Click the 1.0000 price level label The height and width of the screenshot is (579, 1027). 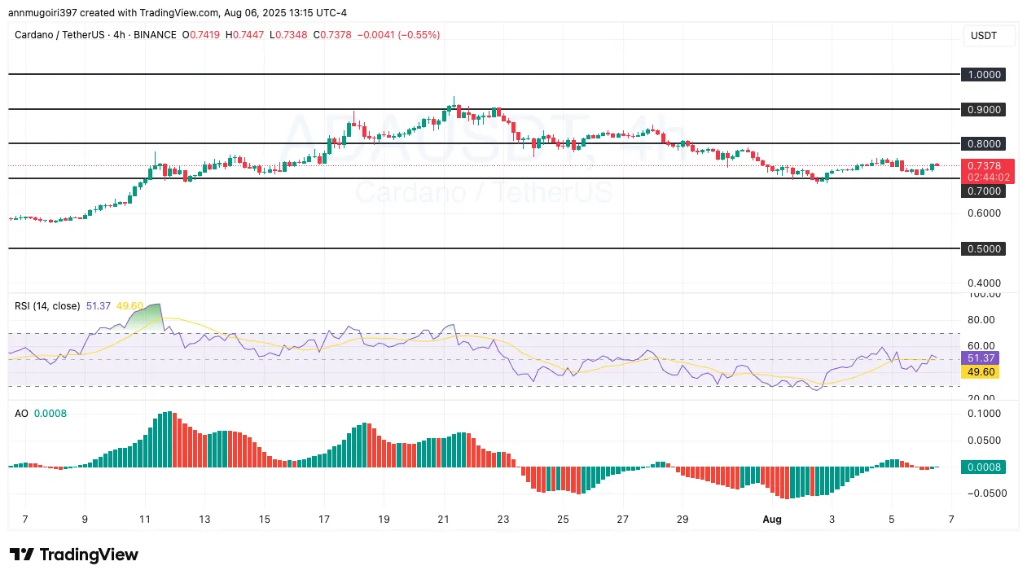(x=983, y=74)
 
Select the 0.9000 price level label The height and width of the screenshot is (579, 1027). (x=983, y=109)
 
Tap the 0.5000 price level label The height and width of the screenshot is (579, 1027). (x=983, y=248)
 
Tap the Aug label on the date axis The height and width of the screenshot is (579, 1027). (x=772, y=519)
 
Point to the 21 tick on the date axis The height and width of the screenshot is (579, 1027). (x=444, y=519)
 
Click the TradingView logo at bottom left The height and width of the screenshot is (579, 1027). (x=74, y=555)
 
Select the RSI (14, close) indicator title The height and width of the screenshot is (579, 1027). (x=47, y=305)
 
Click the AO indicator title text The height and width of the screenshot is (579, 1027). (x=21, y=413)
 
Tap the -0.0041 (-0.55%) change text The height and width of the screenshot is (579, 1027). (x=400, y=35)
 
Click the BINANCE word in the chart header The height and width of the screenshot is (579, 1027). (x=155, y=35)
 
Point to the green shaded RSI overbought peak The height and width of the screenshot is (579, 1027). (x=147, y=315)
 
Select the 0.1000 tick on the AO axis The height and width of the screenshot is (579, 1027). (x=983, y=414)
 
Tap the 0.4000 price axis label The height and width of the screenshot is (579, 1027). (x=983, y=283)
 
